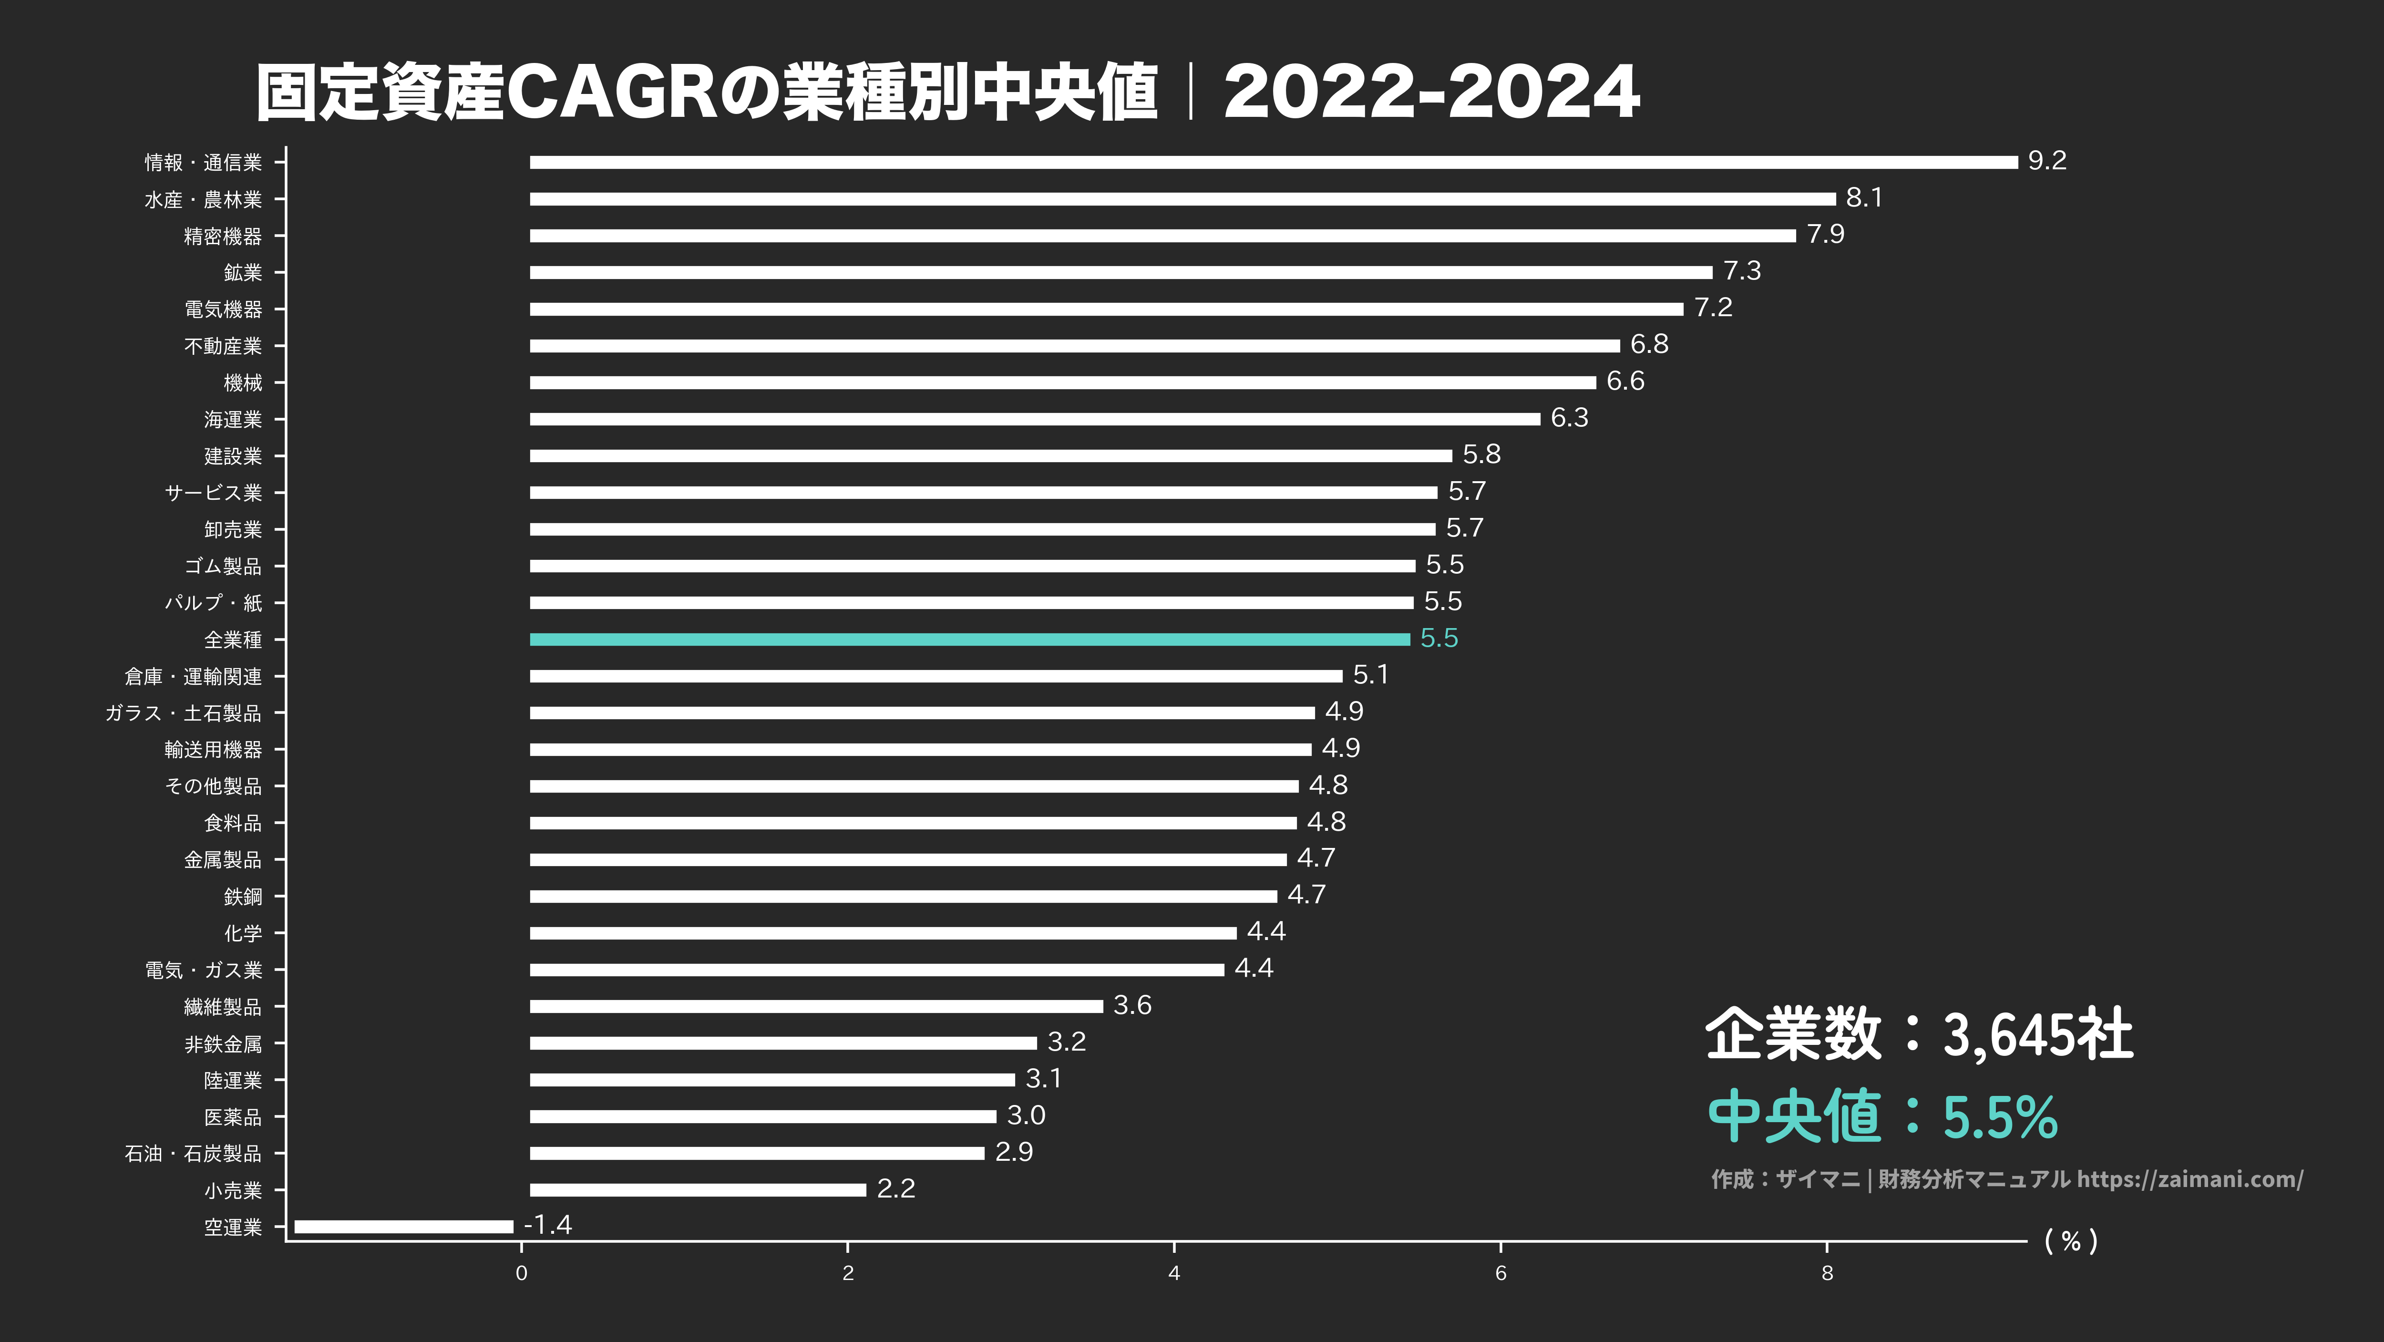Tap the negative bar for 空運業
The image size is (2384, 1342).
[x=403, y=1226]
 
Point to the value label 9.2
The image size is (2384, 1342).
[x=2046, y=161]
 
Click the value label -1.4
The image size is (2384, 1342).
[x=548, y=1225]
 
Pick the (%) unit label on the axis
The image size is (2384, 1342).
[x=2070, y=1241]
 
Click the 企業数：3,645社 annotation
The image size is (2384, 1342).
[x=1919, y=1034]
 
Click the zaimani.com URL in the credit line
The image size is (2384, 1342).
[x=2189, y=1179]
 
